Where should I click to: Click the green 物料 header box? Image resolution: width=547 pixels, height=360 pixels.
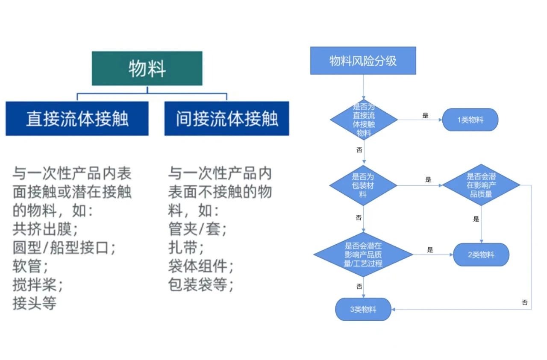point(147,69)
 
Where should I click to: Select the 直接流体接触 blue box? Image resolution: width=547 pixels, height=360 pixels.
point(77,119)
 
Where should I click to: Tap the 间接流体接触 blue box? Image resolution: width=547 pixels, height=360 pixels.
point(226,119)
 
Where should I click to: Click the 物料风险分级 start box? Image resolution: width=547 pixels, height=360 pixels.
point(363,61)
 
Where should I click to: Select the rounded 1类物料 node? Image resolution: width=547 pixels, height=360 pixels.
point(470,120)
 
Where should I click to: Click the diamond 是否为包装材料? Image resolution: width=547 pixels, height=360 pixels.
point(363,185)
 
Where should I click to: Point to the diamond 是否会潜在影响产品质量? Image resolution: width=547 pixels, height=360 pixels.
point(481,185)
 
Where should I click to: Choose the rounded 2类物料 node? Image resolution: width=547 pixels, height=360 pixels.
point(481,255)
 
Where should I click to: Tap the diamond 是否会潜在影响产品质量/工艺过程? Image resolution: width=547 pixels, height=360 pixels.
point(363,255)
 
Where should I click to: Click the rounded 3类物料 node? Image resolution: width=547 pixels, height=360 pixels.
point(363,310)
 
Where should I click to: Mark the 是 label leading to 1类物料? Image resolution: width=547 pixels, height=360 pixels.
point(425,115)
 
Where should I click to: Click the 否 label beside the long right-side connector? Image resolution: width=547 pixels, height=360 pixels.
point(525,302)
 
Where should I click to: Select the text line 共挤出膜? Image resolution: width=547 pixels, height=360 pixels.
point(45,229)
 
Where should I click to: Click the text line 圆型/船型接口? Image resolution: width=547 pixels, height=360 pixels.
point(64,248)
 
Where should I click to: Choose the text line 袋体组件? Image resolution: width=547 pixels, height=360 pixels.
point(201,266)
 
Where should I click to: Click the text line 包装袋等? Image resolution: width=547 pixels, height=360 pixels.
point(201,285)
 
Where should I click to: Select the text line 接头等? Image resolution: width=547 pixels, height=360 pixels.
point(35,303)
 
